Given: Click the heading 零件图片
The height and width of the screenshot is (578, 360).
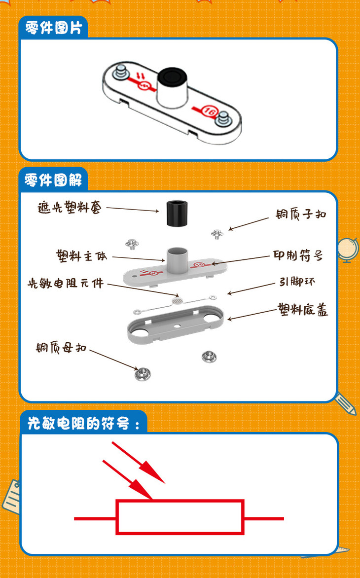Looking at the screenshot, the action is tap(53, 28).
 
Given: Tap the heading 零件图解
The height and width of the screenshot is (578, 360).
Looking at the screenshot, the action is tap(53, 181).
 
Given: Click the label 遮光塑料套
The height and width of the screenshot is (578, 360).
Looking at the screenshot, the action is tap(69, 208).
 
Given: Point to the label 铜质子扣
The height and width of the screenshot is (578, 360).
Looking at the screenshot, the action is tap(301, 214).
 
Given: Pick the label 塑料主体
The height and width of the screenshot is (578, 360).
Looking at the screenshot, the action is tap(81, 255).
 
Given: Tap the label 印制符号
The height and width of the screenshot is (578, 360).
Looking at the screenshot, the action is tap(298, 255).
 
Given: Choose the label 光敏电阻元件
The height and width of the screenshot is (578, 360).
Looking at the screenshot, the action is tap(66, 283).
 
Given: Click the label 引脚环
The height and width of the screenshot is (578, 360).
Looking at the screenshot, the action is tap(297, 282).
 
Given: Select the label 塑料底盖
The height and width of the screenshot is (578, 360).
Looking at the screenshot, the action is tap(302, 310).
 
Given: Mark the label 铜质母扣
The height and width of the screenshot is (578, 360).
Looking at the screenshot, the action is tap(61, 347).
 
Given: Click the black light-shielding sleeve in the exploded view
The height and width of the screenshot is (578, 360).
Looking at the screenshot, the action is tap(177, 214).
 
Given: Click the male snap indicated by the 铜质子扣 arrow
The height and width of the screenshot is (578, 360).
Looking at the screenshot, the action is tap(217, 234).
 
